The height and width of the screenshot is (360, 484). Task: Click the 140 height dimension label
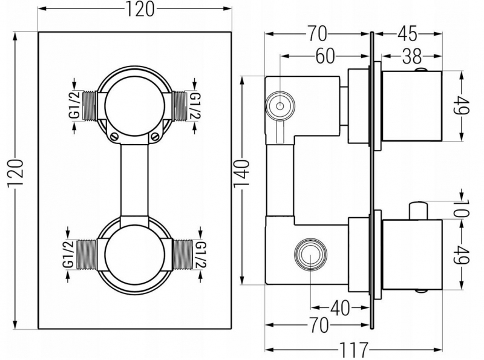tap(241, 174)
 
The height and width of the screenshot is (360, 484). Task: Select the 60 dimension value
tap(325, 56)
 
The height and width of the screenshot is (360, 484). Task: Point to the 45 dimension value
tap(407, 33)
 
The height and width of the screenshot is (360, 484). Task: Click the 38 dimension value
tap(412, 56)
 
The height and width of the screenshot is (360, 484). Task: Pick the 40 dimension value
tap(340, 308)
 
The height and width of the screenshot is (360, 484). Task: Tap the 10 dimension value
tap(462, 208)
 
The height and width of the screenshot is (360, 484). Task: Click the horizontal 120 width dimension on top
tap(139, 9)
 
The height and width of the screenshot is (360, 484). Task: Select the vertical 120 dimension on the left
tap(16, 172)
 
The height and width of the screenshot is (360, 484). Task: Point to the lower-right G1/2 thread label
tap(201, 255)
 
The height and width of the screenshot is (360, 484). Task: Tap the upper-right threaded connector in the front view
tap(179, 106)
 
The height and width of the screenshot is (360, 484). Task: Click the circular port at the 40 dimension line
tap(310, 254)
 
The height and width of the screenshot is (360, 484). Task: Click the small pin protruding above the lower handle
tap(417, 211)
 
